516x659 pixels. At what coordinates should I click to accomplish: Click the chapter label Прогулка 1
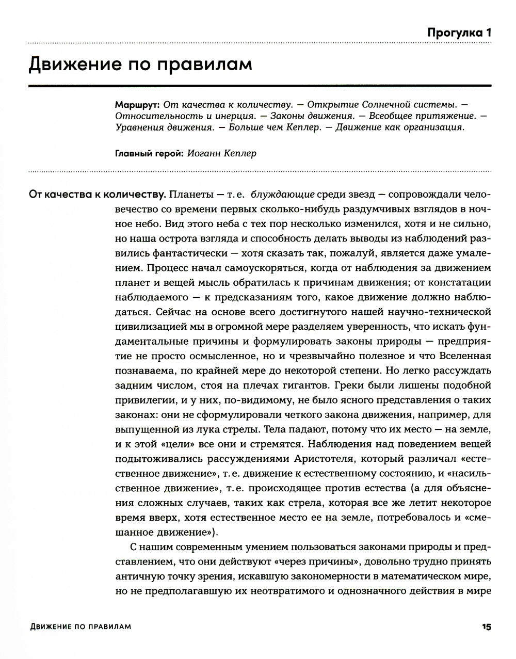459,33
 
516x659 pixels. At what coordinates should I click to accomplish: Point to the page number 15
486,626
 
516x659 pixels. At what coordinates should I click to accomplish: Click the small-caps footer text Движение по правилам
80,626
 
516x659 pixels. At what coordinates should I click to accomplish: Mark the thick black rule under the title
260,85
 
